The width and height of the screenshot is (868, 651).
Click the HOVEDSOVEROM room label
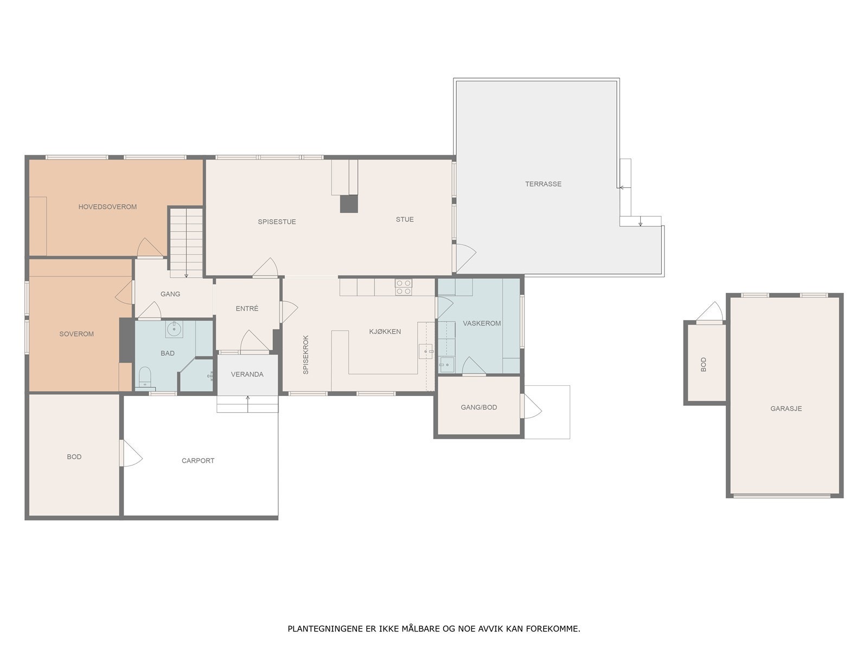click(107, 207)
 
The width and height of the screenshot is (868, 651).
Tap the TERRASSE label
click(543, 184)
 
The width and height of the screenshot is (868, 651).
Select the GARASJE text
click(786, 409)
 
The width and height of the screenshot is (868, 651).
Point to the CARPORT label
click(197, 461)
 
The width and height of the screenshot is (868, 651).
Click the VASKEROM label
click(482, 323)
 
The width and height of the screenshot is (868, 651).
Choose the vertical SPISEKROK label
click(305, 355)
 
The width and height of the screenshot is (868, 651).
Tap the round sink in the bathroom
click(174, 328)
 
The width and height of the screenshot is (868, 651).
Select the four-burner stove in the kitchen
click(404, 288)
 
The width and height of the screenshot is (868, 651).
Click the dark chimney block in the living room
click(349, 204)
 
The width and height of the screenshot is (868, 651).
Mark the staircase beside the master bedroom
click(186, 242)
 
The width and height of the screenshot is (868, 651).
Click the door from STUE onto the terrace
click(464, 258)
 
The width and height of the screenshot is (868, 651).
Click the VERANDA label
click(247, 374)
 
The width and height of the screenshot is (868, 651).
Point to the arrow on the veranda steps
click(248, 404)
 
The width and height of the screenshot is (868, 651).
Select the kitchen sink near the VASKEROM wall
click(426, 351)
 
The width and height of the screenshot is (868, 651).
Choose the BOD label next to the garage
click(704, 365)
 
